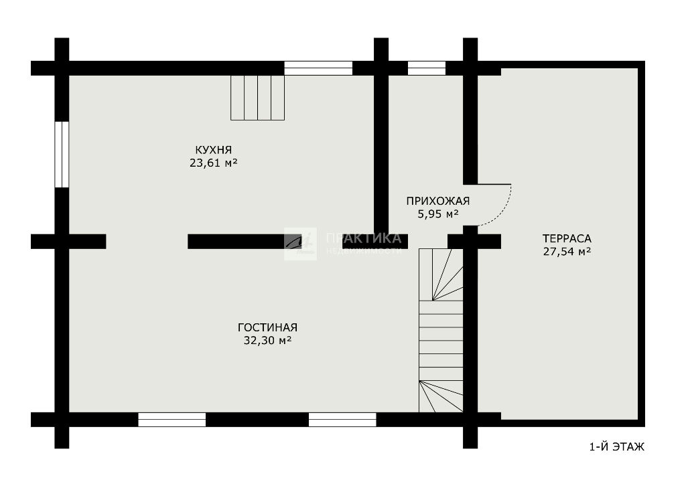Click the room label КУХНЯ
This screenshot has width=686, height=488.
point(214,150)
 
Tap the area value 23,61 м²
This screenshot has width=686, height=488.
point(214,163)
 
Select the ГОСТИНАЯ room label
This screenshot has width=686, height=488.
point(268,327)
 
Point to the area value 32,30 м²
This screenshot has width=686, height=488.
point(268,341)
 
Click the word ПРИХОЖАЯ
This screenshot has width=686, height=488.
point(438,201)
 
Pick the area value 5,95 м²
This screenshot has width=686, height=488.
point(438,214)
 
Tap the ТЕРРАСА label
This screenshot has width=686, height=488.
point(567,239)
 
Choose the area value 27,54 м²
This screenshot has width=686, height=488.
point(567,252)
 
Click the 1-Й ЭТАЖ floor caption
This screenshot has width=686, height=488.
point(617,447)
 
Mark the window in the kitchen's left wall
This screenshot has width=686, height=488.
point(62,155)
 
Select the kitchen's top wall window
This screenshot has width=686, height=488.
point(318,68)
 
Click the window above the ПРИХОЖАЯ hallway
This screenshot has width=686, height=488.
point(427,68)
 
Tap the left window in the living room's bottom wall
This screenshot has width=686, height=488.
point(172,419)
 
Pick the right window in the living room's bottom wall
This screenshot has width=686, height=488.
point(342,419)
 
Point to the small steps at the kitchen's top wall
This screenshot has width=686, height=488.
point(258,98)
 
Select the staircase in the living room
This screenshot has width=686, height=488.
point(441,331)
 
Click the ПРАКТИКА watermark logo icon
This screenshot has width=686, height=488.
point(300,244)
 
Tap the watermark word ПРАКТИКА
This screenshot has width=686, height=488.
point(364,238)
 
